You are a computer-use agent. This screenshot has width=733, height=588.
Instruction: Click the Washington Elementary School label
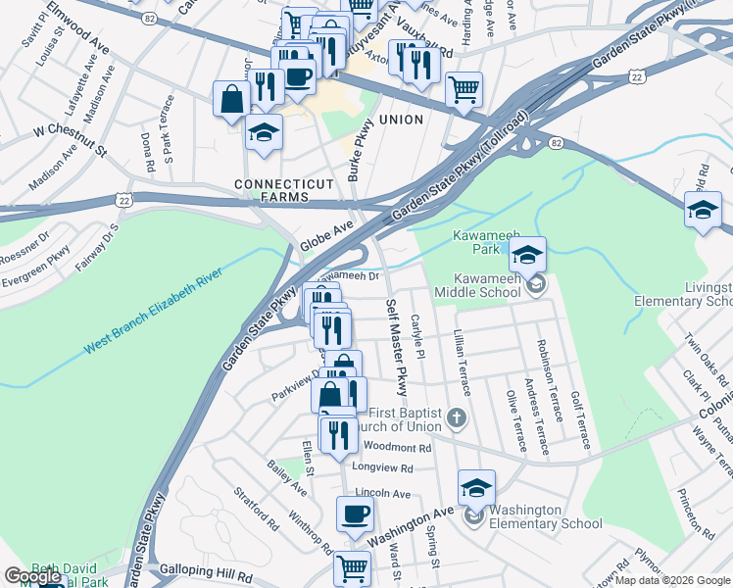[x=545, y=516]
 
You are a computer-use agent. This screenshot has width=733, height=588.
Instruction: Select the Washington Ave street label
[x=411, y=526]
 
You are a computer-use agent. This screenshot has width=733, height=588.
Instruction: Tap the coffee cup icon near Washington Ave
[x=355, y=512]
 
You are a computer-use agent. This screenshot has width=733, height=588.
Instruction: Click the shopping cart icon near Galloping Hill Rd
[x=352, y=565]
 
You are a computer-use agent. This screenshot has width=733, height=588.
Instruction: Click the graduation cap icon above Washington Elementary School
[x=476, y=486]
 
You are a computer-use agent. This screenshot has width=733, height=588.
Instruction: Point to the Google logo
[x=32, y=576]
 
